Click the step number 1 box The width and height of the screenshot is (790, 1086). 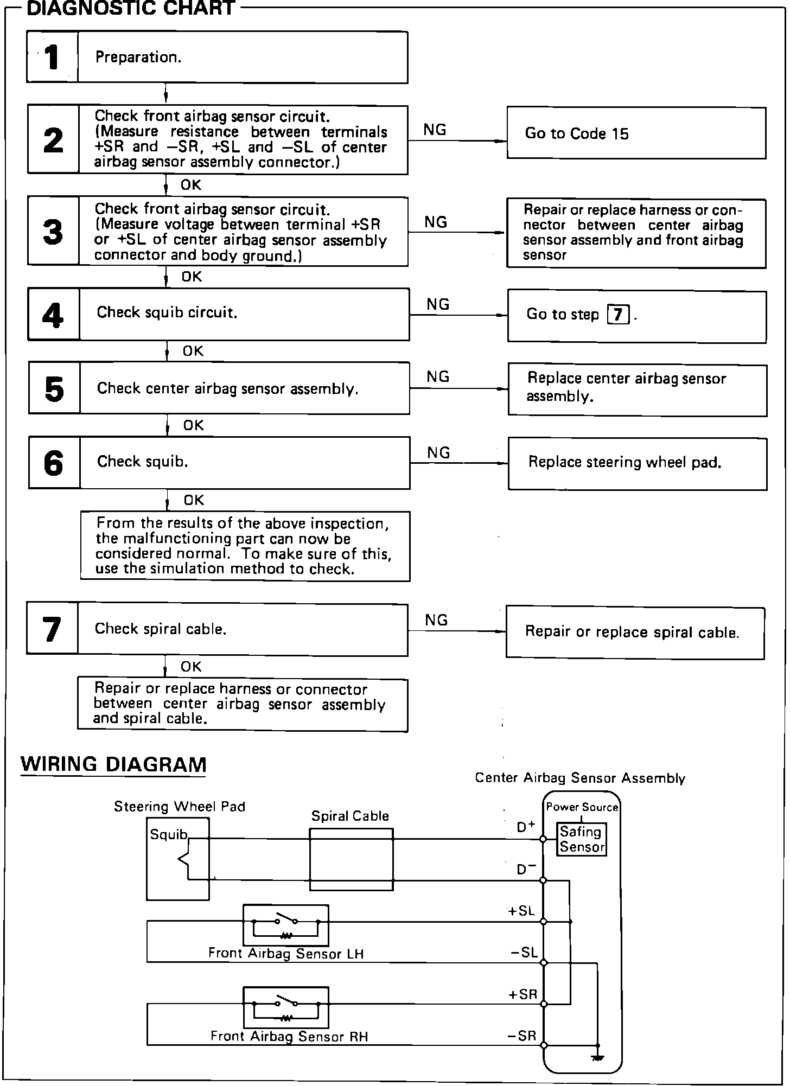point(52,57)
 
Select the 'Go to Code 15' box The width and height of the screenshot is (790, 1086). point(636,133)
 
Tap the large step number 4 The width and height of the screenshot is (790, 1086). point(53,315)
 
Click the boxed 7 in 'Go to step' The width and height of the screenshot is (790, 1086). point(619,315)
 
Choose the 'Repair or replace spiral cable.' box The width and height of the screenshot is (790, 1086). point(635,633)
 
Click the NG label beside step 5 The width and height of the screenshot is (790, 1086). point(438,377)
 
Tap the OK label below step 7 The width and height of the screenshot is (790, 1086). point(191,667)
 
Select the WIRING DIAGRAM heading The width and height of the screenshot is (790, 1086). point(113,764)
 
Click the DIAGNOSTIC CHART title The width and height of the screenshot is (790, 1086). point(131,9)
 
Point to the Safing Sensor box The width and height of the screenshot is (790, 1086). point(582,840)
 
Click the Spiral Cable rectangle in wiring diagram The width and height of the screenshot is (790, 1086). point(351,859)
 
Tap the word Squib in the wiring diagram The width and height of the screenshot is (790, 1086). point(168,834)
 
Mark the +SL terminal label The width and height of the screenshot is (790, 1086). point(521,911)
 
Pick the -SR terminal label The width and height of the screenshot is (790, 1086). point(521,1036)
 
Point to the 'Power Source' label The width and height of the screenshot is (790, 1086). point(582,807)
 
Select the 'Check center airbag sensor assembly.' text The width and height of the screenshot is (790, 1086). point(227,388)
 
